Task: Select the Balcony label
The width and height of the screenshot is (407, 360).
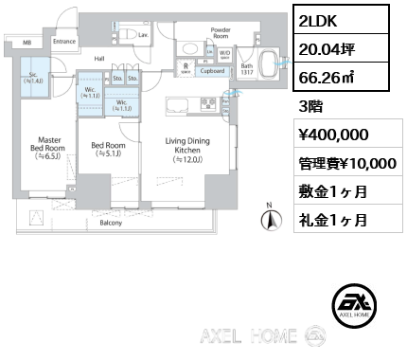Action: [110, 225]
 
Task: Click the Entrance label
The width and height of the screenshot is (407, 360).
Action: [64, 42]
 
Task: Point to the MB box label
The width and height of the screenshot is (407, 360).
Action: [27, 43]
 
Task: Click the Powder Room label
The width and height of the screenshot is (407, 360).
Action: [221, 33]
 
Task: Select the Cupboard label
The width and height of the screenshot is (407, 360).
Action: [213, 71]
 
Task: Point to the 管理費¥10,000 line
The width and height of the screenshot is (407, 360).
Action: [345, 163]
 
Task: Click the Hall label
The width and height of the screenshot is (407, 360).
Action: [98, 59]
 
